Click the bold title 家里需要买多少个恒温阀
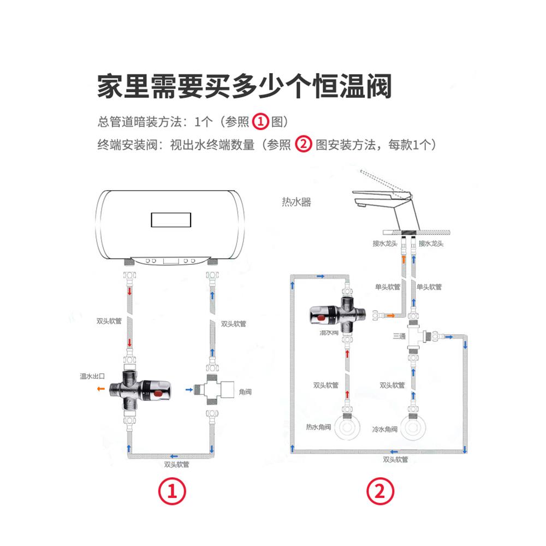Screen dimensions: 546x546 tap(245, 86)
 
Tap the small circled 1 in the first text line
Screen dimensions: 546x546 tap(262, 121)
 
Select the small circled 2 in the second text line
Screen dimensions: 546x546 tap(303, 145)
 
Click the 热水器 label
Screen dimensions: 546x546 tap(296, 202)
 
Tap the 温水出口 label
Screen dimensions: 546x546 tap(92, 377)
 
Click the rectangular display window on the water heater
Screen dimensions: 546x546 tap(171, 220)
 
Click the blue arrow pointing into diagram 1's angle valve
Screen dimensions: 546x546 tap(188, 389)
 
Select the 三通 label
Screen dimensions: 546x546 tap(398, 336)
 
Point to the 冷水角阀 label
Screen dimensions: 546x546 tap(385, 429)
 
